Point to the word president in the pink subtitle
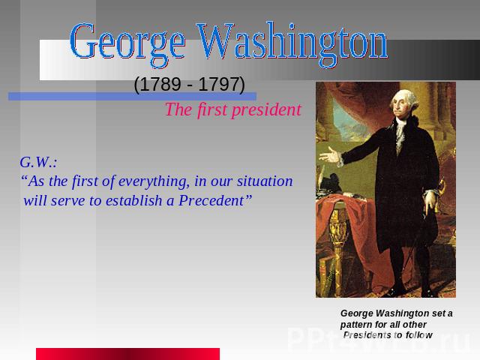coord(267,110)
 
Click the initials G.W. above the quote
coord(38,162)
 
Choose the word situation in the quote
coord(265,181)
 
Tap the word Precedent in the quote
coord(211,201)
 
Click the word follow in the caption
coord(419,335)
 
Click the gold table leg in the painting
coord(338,245)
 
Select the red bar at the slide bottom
coord(128,354)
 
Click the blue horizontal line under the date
coord(132,97)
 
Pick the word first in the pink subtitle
coord(212,109)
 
